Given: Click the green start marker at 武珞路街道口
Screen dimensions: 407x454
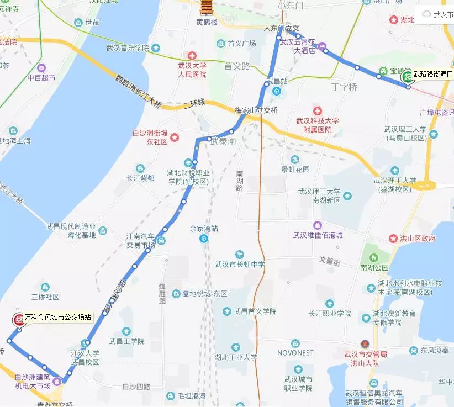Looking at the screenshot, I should [x=408, y=76].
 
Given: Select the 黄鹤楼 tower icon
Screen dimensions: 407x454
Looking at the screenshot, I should [x=207, y=8].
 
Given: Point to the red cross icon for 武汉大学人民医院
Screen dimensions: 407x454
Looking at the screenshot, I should [x=192, y=56].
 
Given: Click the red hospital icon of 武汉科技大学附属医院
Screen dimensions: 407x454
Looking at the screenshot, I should [x=317, y=109].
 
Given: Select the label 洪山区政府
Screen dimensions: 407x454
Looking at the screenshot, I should [x=418, y=239].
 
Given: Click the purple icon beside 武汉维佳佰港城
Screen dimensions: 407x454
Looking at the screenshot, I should [x=318, y=225].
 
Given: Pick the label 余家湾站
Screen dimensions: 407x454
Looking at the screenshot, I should [x=204, y=228].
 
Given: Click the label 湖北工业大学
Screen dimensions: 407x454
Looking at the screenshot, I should [x=236, y=357].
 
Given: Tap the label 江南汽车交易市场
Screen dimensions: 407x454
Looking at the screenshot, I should [x=140, y=240].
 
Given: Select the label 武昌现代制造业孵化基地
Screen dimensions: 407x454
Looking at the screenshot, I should [x=71, y=231].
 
